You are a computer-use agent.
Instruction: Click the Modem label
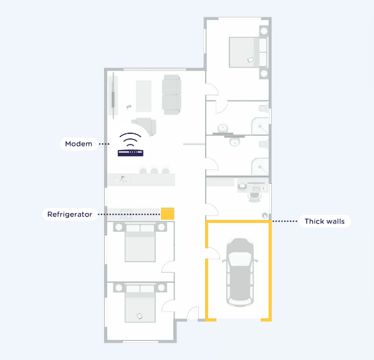click(x=79, y=144)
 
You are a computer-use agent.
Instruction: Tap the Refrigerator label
click(x=70, y=214)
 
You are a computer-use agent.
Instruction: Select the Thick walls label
click(x=324, y=221)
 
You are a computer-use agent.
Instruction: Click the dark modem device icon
click(x=130, y=153)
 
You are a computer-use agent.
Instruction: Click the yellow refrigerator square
click(x=168, y=214)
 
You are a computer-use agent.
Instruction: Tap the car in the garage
click(x=240, y=272)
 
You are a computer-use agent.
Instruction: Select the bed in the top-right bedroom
click(x=247, y=52)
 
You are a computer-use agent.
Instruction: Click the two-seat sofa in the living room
click(x=171, y=95)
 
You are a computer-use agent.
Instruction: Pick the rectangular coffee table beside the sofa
click(x=143, y=96)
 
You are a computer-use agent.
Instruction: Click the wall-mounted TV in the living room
click(x=113, y=96)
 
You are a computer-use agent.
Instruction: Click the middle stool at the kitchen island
click(x=154, y=171)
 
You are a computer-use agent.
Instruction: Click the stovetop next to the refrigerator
click(x=126, y=214)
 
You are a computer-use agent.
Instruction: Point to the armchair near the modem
click(x=145, y=126)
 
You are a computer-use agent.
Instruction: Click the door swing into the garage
click(x=213, y=253)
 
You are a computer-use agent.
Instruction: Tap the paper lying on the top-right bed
click(x=251, y=60)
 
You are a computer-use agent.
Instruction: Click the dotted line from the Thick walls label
click(x=285, y=221)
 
